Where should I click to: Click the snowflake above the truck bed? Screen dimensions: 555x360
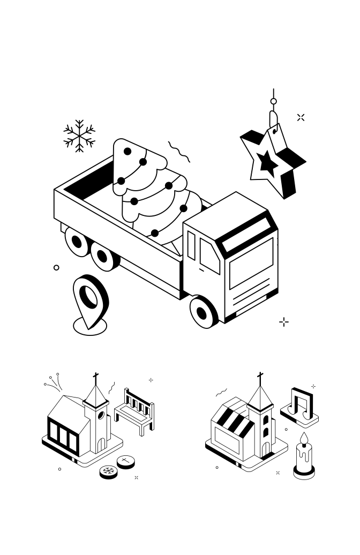point(79,136)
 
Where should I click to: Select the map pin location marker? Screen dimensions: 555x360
point(89,300)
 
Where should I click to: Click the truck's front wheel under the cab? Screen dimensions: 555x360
point(202,312)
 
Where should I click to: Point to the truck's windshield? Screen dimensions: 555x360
point(251,262)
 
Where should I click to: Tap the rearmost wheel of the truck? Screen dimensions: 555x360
point(77,242)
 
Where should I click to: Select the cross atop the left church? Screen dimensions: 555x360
point(96,379)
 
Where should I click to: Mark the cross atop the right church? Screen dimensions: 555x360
point(260,379)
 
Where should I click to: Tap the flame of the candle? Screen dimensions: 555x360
point(304,439)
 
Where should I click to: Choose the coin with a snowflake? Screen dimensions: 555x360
point(109,471)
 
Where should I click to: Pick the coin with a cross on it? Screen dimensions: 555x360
point(126,460)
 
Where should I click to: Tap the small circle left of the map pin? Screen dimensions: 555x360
point(56,267)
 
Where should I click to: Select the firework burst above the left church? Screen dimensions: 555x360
point(52,381)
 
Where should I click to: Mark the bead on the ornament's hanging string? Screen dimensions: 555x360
point(273,101)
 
